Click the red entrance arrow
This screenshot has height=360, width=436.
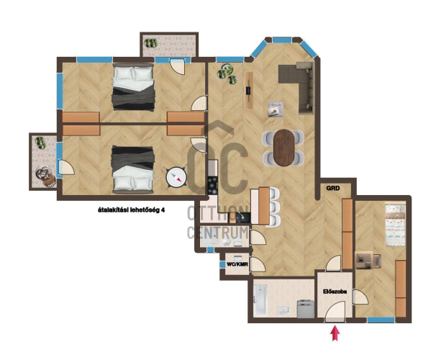tap(335, 333)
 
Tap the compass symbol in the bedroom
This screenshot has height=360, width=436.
tap(176, 177)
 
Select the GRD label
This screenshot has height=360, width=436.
tap(333, 189)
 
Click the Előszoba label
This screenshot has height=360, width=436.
tap(335, 292)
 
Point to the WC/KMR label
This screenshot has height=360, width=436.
tap(237, 264)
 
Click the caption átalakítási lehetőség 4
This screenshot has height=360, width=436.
tap(131, 210)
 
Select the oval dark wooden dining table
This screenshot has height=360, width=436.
tap(283, 148)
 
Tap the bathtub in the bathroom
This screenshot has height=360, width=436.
tap(260, 300)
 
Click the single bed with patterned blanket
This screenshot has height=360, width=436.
tap(395, 225)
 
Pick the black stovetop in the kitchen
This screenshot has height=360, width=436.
tap(213, 186)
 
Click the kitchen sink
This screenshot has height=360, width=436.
tap(242, 217)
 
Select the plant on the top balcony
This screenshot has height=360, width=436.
tap(150, 43)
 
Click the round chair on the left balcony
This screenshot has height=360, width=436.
tap(45, 176)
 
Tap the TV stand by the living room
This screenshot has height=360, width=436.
tap(249, 91)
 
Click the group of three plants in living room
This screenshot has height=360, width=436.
tap(227, 73)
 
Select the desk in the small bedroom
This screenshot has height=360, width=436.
tap(364, 260)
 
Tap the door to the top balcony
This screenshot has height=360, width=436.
tap(177, 66)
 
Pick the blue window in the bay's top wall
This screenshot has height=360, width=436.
tap(282, 40)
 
